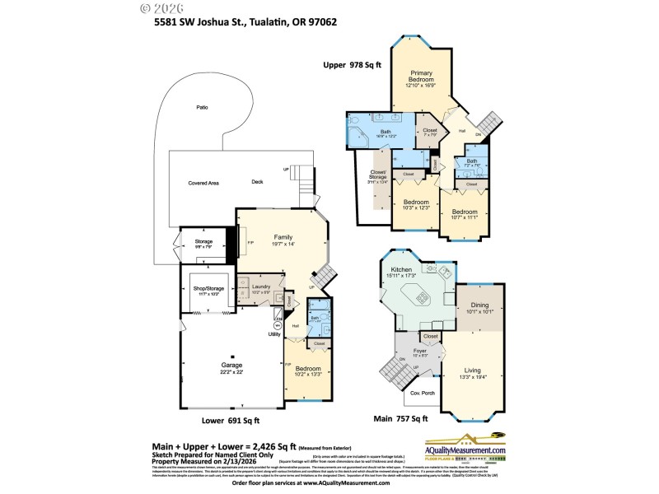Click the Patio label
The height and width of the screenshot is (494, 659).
pyautogui.click(x=202, y=108)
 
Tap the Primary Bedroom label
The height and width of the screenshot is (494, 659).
pyautogui.click(x=421, y=77)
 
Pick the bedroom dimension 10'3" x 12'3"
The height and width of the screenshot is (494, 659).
pyautogui.click(x=416, y=207)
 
